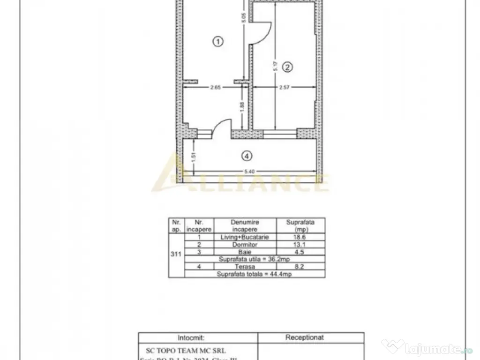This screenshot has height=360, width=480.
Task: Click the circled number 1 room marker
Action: coord(217,42)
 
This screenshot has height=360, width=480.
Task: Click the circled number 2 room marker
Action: coord(288,67)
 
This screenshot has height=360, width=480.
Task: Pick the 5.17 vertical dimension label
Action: coord(276,67)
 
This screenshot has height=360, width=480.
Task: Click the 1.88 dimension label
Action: coord(242,107)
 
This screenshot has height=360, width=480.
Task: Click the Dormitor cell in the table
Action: coord(244,245)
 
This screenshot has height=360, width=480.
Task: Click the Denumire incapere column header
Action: coord(244,225)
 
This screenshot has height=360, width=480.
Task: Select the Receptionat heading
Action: coord(304,337)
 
